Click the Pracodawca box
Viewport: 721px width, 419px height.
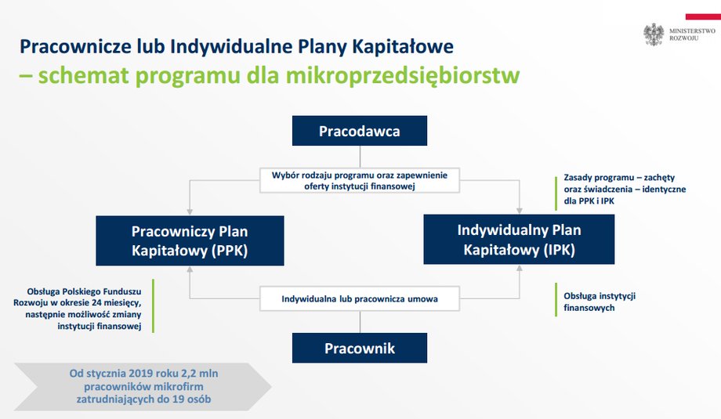pyautogui.click(x=360, y=131)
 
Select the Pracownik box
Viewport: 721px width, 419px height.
pyautogui.click(x=360, y=349)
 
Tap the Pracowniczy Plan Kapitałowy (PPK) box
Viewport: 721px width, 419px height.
pyautogui.click(x=190, y=240)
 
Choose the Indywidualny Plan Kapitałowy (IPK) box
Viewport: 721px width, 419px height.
pyautogui.click(x=519, y=240)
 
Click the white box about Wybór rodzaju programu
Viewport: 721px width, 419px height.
pyautogui.click(x=360, y=181)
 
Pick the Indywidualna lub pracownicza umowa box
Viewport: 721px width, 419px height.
pyautogui.click(x=360, y=299)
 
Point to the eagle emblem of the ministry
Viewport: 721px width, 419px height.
pyautogui.click(x=654, y=34)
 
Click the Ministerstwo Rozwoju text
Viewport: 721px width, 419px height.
pyautogui.click(x=692, y=34)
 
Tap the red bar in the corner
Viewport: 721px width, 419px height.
pyautogui.click(x=703, y=17)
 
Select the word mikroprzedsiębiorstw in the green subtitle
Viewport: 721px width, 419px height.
pyautogui.click(x=403, y=75)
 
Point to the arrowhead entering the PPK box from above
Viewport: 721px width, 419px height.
pyautogui.click(x=190, y=211)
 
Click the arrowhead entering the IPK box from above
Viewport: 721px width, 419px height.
pyautogui.click(x=520, y=211)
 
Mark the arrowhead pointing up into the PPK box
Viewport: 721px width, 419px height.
pyautogui.click(x=190, y=269)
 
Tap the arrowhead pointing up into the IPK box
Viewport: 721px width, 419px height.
pyautogui.click(x=520, y=268)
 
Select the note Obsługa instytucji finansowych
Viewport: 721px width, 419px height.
pyautogui.click(x=600, y=302)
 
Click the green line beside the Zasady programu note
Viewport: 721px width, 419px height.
pyautogui.click(x=556, y=193)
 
